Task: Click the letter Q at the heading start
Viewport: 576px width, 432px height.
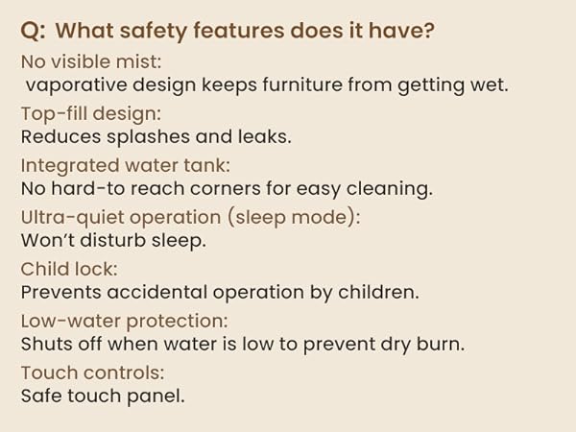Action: point(30,31)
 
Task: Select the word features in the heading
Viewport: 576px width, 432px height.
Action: point(253,31)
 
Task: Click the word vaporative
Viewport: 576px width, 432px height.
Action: point(73,84)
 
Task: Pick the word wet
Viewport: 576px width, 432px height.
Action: point(489,84)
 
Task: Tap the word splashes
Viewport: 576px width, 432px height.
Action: point(140,136)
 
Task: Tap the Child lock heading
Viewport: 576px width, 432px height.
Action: point(68,270)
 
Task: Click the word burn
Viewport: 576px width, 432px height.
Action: point(441,344)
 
